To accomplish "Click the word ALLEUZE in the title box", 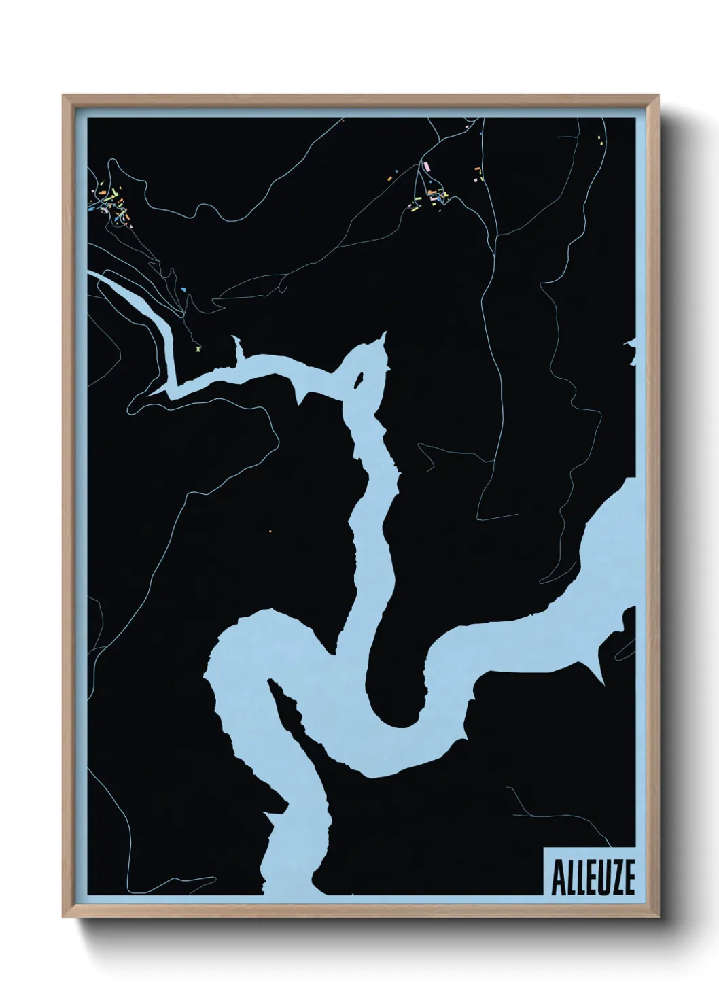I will [x=593, y=879].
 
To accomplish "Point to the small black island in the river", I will [x=359, y=381].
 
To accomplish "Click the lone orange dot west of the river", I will [x=270, y=531].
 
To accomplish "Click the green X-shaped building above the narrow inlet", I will [x=198, y=348].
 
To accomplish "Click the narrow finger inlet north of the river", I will [x=239, y=347].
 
